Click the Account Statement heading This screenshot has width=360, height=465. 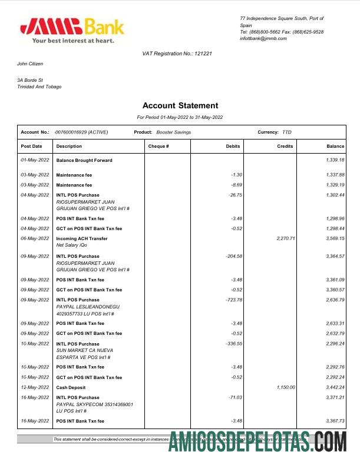pos(180,106)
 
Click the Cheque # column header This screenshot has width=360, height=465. pos(158,146)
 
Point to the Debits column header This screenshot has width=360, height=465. pos(233,146)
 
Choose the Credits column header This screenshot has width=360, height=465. pos(285,146)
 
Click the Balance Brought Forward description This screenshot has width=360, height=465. pos(84,160)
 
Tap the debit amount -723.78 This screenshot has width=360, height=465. pos(234,300)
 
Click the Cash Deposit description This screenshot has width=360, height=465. pos(71,387)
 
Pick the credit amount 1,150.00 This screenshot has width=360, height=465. pos(284,387)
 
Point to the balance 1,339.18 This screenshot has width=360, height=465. pos(335,160)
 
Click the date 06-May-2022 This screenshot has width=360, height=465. pos(35,238)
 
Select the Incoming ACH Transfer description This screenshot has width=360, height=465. pos(82,238)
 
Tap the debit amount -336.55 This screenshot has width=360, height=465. pos(234,344)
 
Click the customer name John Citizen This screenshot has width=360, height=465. pos(30,64)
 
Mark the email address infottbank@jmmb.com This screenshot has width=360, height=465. pos(263,38)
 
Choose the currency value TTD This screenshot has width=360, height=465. pos(287,132)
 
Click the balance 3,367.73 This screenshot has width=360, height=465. pos(335,421)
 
